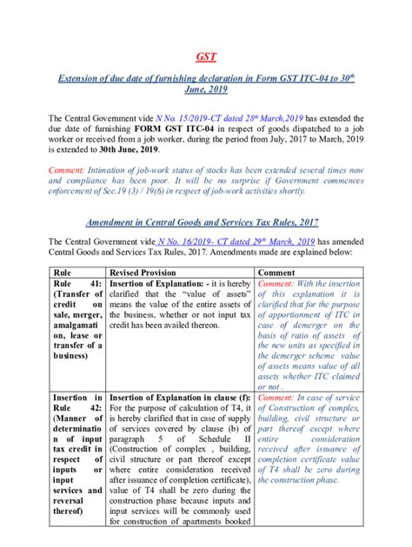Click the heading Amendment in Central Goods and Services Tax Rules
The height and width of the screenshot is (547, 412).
click(205, 221)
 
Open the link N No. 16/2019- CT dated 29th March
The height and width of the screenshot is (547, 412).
click(222, 241)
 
